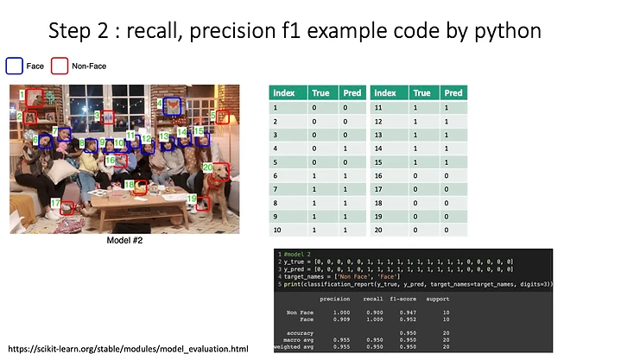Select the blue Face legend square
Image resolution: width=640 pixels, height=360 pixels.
(14, 66)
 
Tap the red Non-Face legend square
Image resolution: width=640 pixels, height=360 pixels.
(59, 66)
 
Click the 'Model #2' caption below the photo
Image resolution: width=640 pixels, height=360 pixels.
(124, 241)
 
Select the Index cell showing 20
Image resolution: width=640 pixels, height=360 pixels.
(377, 231)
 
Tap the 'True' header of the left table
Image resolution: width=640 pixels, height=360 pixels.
(320, 93)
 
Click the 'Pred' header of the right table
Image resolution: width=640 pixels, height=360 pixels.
(453, 93)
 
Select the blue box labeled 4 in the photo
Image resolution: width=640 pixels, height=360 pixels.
(173, 107)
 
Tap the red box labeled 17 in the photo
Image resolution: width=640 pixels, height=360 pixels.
(66, 206)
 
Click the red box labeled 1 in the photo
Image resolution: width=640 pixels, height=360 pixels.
(34, 97)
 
